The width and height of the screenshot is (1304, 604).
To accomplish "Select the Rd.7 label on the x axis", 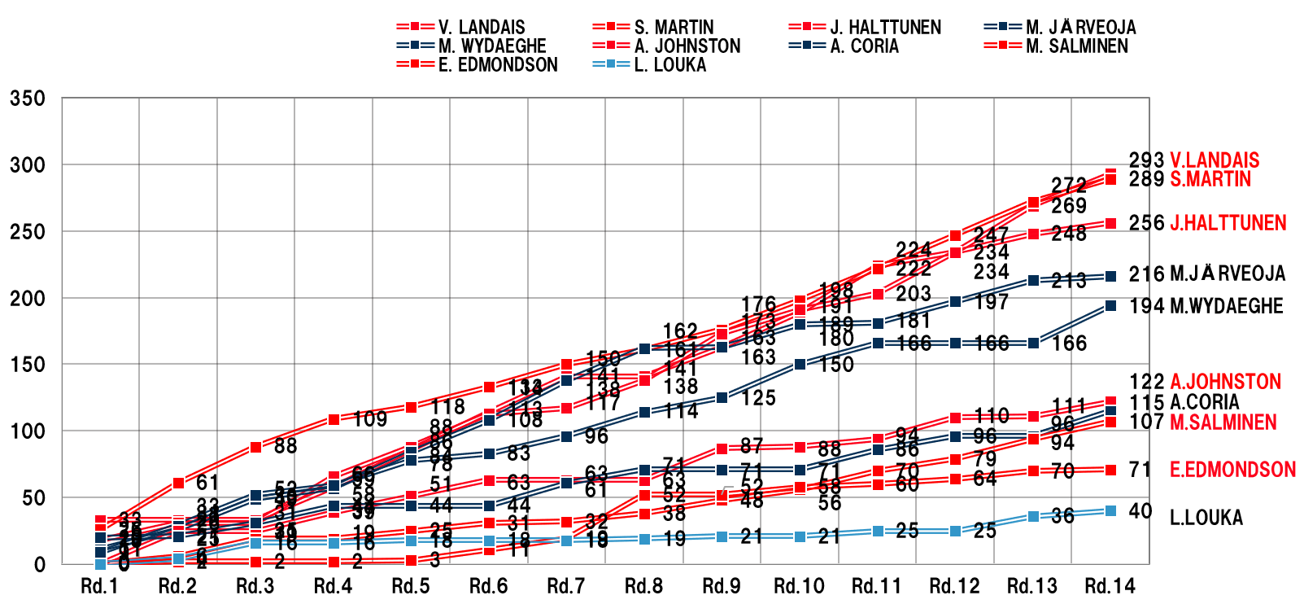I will (x=565, y=586).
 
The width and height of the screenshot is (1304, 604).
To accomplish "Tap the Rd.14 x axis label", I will (x=1110, y=586).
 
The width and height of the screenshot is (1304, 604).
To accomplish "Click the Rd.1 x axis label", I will (x=99, y=586).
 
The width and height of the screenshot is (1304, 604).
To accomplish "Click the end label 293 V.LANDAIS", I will (x=1193, y=160).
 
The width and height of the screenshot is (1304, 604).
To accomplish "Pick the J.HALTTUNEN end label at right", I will (x=1228, y=223).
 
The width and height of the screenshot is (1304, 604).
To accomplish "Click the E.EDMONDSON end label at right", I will (x=1232, y=470).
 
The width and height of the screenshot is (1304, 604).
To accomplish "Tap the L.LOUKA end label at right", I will (x=1206, y=518).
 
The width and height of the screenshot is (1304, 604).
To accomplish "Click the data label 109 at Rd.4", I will (x=370, y=420).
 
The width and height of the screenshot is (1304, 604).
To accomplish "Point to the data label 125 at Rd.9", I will (x=758, y=398).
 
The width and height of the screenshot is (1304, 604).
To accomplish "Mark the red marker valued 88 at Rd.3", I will (x=255, y=447).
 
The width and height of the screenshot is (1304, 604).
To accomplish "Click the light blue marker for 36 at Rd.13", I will (x=1033, y=517).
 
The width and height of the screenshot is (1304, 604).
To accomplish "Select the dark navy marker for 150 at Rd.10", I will (x=800, y=364).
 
